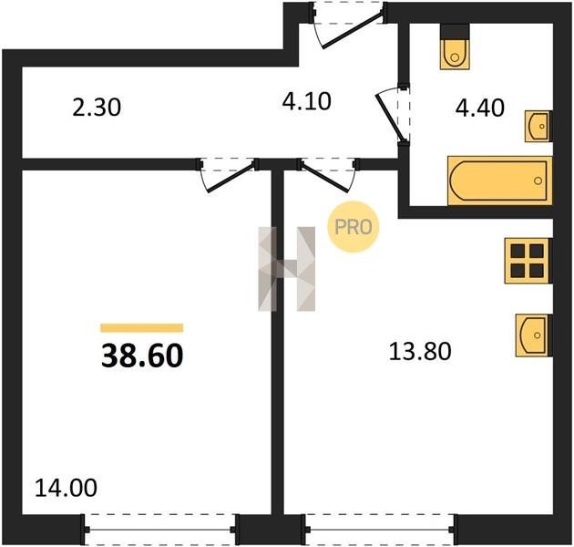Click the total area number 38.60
pyautogui.click(x=142, y=356)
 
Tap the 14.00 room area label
pyautogui.click(x=66, y=488)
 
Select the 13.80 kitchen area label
pyautogui.click(x=420, y=351)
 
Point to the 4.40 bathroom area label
pyautogui.click(x=480, y=108)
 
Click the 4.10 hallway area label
pyautogui.click(x=307, y=101)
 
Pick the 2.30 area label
pyautogui.click(x=97, y=108)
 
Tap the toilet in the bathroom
pyautogui.click(x=455, y=46)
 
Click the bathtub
pyautogui.click(x=500, y=181)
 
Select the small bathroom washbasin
pyautogui.click(x=538, y=126)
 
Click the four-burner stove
pyautogui.click(x=528, y=261)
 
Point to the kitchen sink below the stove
pyautogui.click(x=534, y=335)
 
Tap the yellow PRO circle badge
pyautogui.click(x=354, y=227)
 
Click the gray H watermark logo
pyautogui.click(x=287, y=269)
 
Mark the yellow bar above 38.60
pyautogui.click(x=142, y=328)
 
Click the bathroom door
pyautogui.click(x=393, y=114)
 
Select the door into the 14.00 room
pyautogui.click(x=228, y=174)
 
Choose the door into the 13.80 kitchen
pyautogui.click(x=329, y=174)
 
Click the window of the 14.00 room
pyautogui.click(x=160, y=530)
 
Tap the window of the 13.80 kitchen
pyautogui.click(x=380, y=530)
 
